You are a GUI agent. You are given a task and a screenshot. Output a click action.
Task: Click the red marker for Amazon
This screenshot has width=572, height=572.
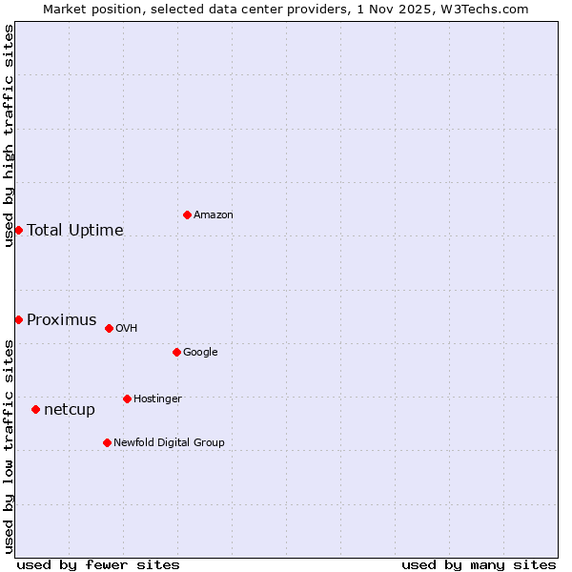(x=187, y=214)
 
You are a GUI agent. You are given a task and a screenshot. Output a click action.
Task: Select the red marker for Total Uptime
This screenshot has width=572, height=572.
(x=18, y=230)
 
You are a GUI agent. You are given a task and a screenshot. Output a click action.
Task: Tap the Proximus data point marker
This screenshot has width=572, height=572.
(x=18, y=319)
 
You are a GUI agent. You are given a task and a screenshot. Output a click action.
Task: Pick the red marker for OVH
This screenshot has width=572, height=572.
(x=109, y=328)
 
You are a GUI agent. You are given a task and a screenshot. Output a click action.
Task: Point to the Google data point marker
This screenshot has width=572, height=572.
(x=176, y=352)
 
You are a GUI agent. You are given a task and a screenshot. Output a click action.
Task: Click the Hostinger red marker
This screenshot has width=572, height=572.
(x=127, y=398)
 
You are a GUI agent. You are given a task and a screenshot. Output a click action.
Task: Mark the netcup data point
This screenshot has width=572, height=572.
(x=35, y=409)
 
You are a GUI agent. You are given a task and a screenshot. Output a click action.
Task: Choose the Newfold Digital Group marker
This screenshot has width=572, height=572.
(x=107, y=442)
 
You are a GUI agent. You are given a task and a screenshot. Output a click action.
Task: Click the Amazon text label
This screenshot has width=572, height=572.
(x=214, y=214)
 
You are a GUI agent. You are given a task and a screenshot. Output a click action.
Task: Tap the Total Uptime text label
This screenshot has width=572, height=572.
(x=75, y=230)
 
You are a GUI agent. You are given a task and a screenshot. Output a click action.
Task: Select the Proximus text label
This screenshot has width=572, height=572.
(x=62, y=319)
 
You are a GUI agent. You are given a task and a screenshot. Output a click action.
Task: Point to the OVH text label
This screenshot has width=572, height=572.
(x=127, y=328)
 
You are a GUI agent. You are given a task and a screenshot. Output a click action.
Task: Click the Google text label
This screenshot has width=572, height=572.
(x=200, y=352)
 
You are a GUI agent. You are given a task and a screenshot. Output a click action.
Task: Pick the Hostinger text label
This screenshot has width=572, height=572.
(x=157, y=398)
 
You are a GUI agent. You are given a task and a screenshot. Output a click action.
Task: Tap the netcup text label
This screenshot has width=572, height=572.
(x=70, y=409)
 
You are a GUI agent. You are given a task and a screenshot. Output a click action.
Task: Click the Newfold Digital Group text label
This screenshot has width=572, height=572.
(x=169, y=442)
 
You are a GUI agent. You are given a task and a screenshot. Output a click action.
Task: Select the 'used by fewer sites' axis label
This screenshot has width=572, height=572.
(x=98, y=564)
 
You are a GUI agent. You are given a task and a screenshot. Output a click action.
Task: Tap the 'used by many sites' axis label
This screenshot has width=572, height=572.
(x=479, y=564)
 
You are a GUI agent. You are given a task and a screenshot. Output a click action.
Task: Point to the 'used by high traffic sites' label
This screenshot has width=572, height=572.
(x=9, y=135)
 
